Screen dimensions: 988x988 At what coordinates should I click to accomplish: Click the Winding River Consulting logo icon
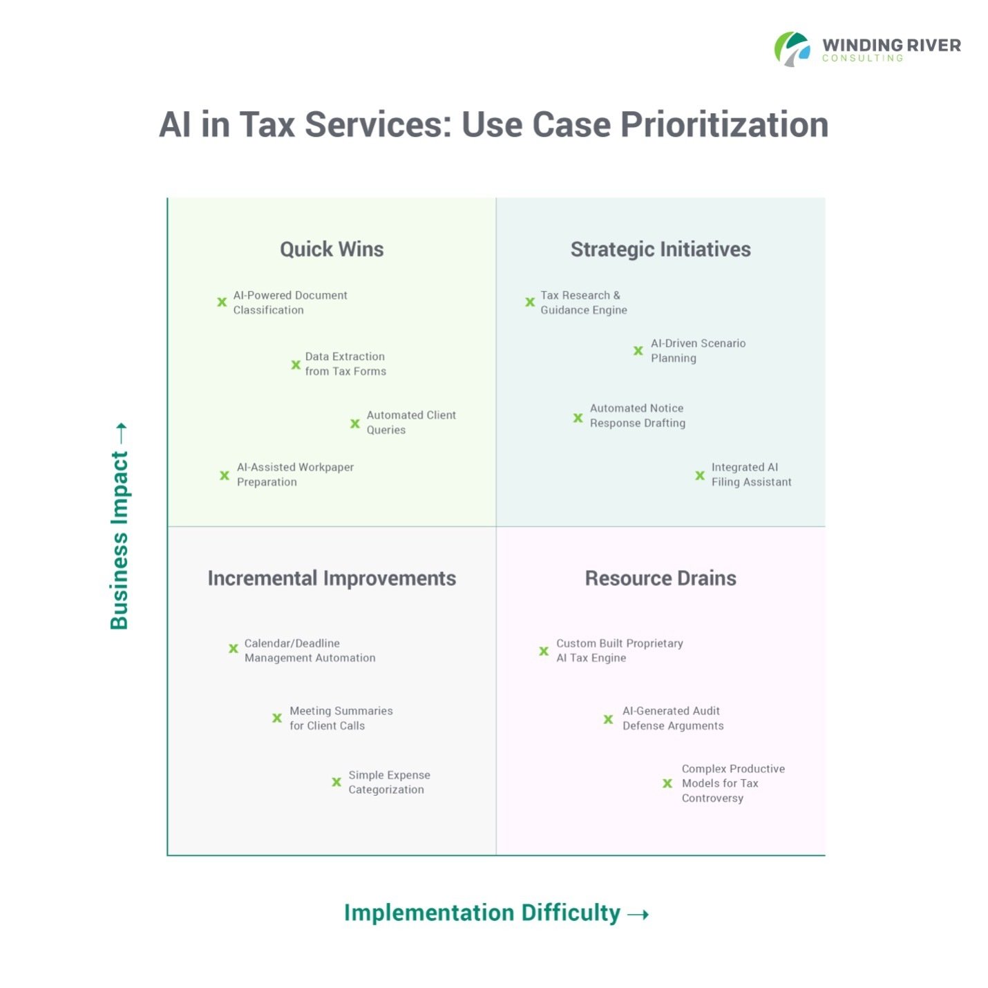(x=792, y=49)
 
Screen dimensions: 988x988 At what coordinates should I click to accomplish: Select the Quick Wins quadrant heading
(x=332, y=249)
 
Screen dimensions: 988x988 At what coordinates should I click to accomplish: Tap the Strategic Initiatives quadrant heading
(x=661, y=249)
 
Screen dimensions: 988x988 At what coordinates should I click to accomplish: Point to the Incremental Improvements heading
(x=332, y=578)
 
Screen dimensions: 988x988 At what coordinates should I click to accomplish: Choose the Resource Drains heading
(x=661, y=578)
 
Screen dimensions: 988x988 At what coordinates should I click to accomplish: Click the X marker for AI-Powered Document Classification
(x=222, y=302)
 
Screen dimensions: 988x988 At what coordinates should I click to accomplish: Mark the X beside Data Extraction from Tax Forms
(x=296, y=364)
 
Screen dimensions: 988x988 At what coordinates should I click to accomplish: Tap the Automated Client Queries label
(x=411, y=422)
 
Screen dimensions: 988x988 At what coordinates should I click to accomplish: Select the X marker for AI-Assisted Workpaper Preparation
(x=225, y=475)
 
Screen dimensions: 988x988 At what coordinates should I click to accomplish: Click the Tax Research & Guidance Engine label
(x=584, y=303)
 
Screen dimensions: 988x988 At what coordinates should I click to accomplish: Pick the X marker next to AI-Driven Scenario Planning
(x=638, y=351)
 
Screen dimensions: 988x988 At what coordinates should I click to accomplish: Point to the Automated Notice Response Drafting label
(x=637, y=416)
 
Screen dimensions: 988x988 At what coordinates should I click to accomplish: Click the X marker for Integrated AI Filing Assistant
(x=700, y=475)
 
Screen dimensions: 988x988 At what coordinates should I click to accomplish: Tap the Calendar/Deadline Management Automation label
(x=310, y=651)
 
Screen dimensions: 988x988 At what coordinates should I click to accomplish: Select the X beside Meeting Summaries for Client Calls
(x=277, y=718)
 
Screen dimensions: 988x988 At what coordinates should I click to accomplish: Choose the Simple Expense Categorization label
(x=389, y=782)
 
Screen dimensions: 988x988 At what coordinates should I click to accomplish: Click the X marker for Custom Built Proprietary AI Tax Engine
(x=544, y=651)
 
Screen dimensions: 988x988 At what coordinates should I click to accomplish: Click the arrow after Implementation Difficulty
(x=638, y=915)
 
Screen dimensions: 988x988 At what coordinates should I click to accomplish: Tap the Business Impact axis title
(x=120, y=539)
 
